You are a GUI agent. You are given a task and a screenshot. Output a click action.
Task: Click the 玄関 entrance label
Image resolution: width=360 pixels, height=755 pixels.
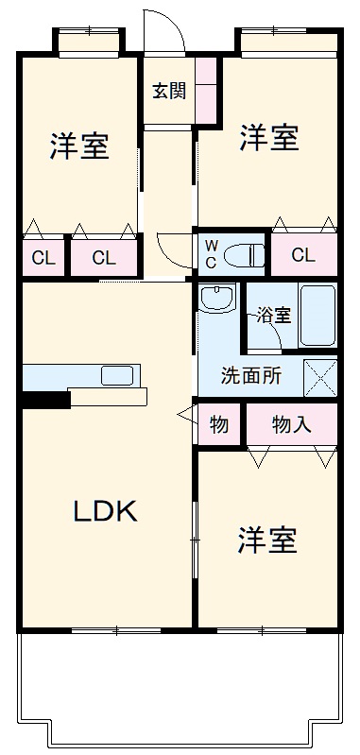pos(169,92)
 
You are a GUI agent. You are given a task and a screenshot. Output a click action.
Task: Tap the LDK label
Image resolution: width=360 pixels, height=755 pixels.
pos(107,510)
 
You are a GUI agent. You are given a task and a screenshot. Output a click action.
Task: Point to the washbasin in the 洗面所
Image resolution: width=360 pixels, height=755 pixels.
pos(216,298)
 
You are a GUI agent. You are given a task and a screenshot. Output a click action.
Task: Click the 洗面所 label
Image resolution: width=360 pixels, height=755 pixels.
pos(250,375)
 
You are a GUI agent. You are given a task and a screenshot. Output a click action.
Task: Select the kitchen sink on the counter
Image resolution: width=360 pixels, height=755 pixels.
pos(117,375)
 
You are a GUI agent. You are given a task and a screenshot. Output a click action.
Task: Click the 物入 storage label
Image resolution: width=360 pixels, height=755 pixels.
pos(291,424)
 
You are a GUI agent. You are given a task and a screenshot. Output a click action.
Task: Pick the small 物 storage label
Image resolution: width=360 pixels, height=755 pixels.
pos(218,424)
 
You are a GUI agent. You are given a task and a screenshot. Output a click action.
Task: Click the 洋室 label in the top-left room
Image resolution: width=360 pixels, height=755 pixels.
pos(78,146)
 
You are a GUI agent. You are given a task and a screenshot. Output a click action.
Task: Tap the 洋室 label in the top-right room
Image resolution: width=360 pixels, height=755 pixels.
pos(268,138)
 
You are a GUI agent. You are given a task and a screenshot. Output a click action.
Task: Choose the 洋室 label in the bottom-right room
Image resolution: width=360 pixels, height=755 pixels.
pos(267,541)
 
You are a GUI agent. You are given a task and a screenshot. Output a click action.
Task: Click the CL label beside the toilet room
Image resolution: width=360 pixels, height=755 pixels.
pos(303,254)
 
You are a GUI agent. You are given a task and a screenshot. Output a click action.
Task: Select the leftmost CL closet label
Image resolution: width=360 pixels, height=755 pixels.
pos(43,257)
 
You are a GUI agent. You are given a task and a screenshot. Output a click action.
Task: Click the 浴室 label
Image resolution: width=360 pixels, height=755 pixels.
pos(275,316)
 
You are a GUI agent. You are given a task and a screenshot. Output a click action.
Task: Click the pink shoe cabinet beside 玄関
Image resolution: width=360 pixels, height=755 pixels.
pos(207,90)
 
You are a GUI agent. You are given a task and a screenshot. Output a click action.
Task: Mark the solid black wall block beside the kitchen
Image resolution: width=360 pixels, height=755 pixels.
pos(44,400)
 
